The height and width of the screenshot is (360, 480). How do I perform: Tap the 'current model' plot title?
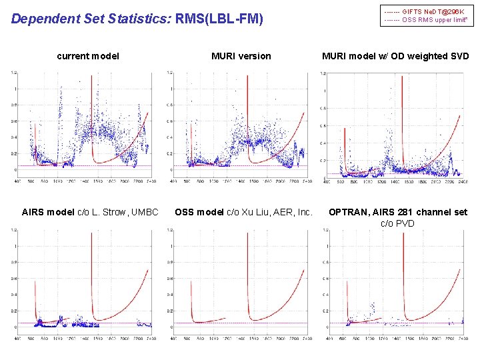[x=88, y=56]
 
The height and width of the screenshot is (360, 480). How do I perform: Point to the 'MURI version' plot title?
[x=241, y=56]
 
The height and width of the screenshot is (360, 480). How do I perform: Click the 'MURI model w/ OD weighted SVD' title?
[x=395, y=56]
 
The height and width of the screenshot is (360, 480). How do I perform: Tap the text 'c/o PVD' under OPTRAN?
[x=397, y=223]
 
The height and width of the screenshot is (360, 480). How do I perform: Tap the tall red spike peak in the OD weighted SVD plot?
[x=402, y=75]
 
